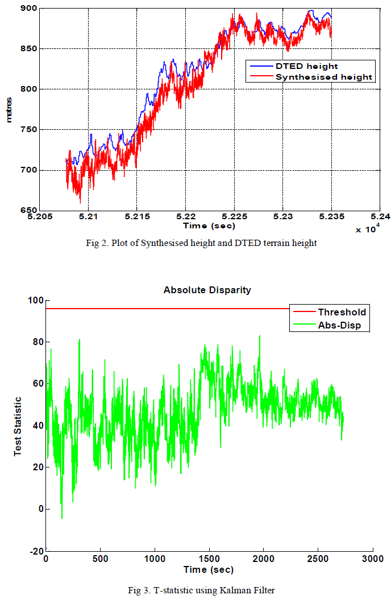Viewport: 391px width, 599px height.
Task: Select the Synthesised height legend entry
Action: coord(323,77)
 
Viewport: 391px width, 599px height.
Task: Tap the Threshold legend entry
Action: coord(342,312)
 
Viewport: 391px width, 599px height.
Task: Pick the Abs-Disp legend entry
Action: coord(338,326)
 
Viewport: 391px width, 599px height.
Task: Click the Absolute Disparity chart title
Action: coord(207,290)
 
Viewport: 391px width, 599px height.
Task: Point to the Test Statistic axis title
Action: coord(18,426)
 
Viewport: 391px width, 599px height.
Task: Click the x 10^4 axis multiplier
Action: coord(367,229)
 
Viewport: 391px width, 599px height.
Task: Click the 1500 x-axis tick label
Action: coord(209,559)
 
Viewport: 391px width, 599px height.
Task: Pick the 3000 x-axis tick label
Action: coord(372,559)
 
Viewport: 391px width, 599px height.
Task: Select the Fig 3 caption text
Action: coord(201,590)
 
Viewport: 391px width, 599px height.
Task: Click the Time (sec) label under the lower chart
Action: coord(208,569)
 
